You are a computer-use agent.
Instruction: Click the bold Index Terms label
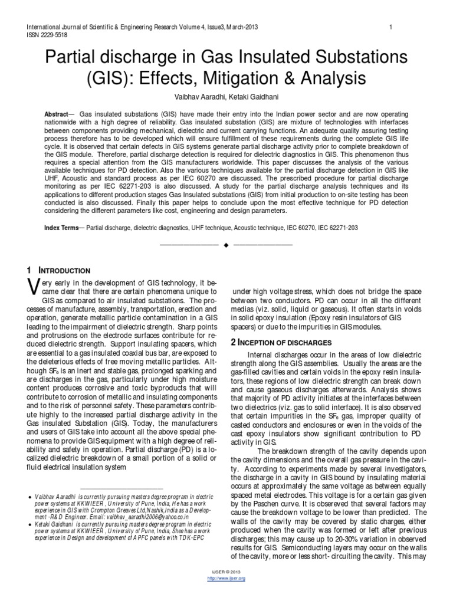63,227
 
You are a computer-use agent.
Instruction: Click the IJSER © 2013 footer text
226,572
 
